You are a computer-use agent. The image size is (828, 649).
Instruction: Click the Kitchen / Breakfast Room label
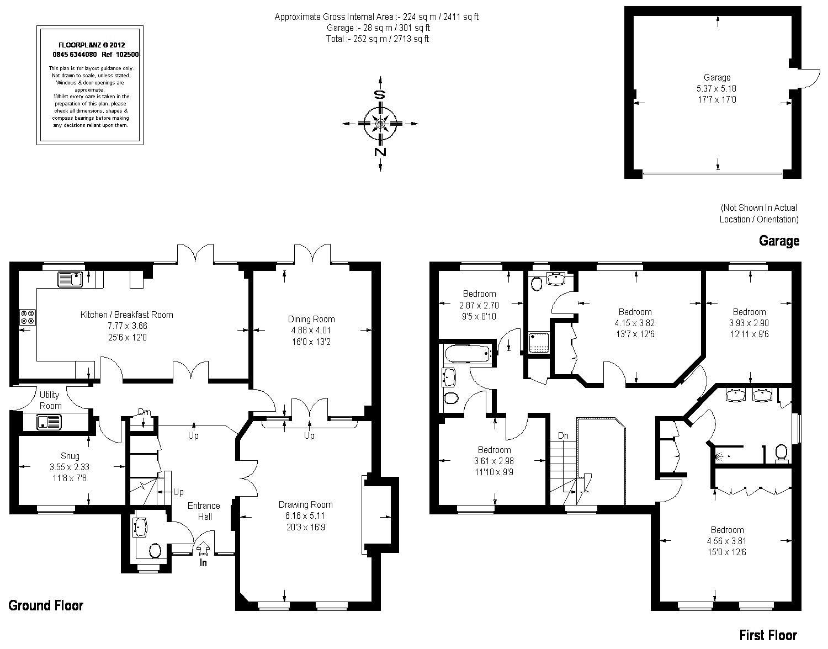pyautogui.click(x=126, y=315)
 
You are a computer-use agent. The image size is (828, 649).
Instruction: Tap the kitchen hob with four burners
pyautogui.click(x=28, y=317)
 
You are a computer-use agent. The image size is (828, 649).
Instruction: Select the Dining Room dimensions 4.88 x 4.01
pyautogui.click(x=311, y=330)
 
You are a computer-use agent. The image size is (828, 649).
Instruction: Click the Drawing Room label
pyautogui.click(x=306, y=504)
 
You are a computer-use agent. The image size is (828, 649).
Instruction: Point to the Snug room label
pyautogui.click(x=70, y=456)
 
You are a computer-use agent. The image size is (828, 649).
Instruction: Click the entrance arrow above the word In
pyautogui.click(x=203, y=550)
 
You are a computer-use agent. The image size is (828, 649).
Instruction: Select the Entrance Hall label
pyautogui.click(x=204, y=511)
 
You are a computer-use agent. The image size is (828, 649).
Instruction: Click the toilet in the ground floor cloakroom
pyautogui.click(x=155, y=551)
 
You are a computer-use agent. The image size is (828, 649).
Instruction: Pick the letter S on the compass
pyautogui.click(x=380, y=94)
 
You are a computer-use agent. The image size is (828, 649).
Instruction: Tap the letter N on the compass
pyautogui.click(x=380, y=152)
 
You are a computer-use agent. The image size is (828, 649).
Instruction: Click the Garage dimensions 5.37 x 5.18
pyautogui.click(x=716, y=89)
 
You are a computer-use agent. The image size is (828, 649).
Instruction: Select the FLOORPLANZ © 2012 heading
pyautogui.click(x=92, y=45)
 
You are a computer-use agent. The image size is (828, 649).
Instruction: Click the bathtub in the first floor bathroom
pyautogui.click(x=468, y=353)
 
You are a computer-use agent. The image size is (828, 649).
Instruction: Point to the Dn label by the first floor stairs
pyautogui.click(x=563, y=435)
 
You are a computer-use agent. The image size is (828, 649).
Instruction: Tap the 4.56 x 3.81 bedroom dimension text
pyautogui.click(x=726, y=541)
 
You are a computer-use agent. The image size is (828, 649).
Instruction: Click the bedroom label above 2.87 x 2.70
pyautogui.click(x=479, y=294)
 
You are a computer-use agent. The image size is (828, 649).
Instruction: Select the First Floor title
pyautogui.click(x=768, y=635)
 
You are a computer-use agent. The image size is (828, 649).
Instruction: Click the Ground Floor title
pyautogui.click(x=46, y=605)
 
